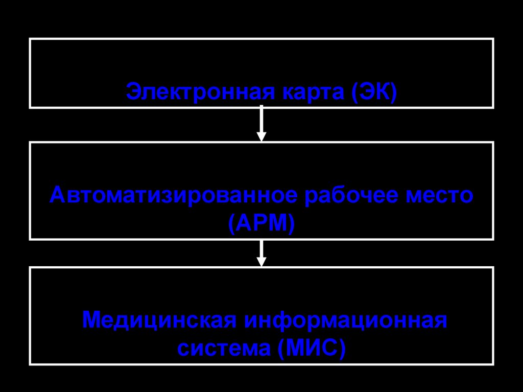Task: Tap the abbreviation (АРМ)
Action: point(261,223)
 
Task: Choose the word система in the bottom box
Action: point(224,349)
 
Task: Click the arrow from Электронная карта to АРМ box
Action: point(261,123)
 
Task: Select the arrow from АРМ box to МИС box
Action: point(261,252)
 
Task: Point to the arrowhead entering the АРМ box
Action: point(261,136)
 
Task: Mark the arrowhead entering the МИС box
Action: point(261,262)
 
